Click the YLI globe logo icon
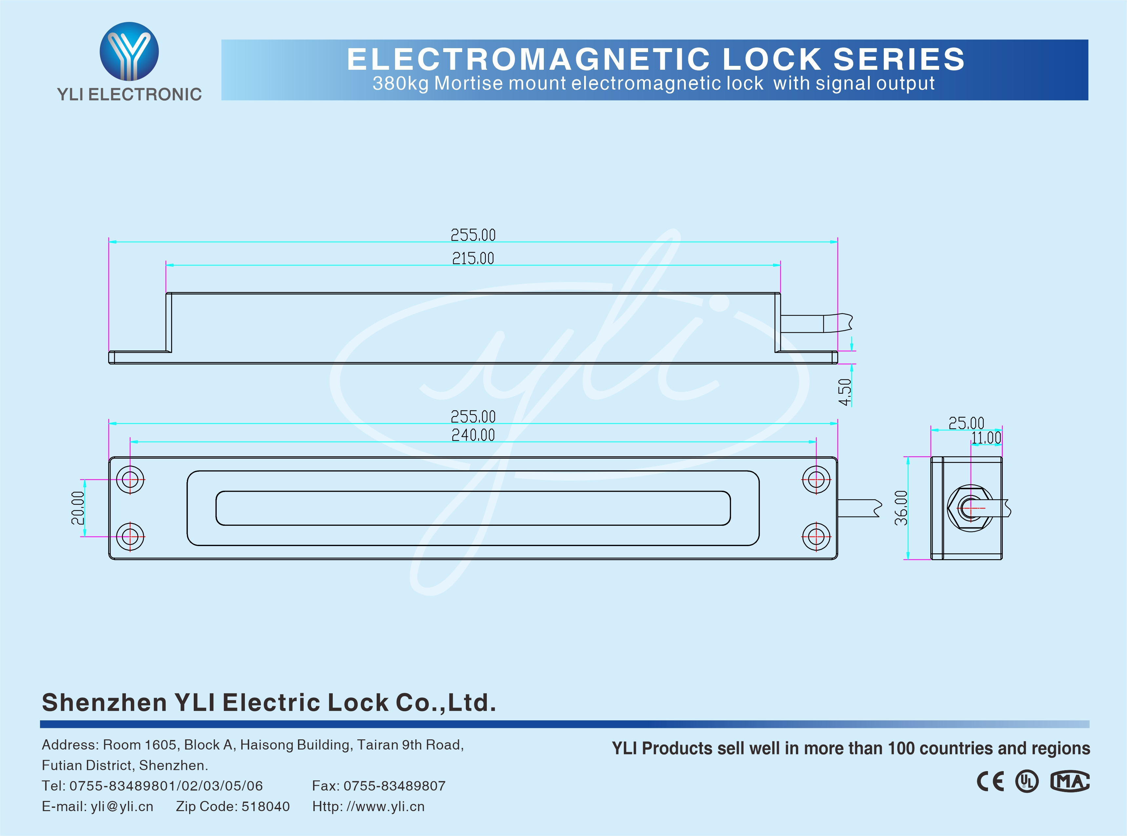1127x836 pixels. tap(129, 51)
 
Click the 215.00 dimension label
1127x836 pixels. tap(473, 258)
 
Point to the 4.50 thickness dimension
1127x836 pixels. tap(844, 392)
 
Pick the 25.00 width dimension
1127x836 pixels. tap(966, 423)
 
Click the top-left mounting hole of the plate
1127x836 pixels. tap(130, 479)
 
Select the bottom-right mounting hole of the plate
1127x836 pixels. tap(816, 536)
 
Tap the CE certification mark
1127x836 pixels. tap(990, 781)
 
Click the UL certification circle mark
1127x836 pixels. tap(1027, 781)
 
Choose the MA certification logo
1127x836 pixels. tap(1070, 781)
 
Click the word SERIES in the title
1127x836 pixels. tap(899, 59)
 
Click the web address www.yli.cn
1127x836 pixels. tap(385, 806)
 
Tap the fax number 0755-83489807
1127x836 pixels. tap(394, 786)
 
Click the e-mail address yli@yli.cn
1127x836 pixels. tap(122, 806)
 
